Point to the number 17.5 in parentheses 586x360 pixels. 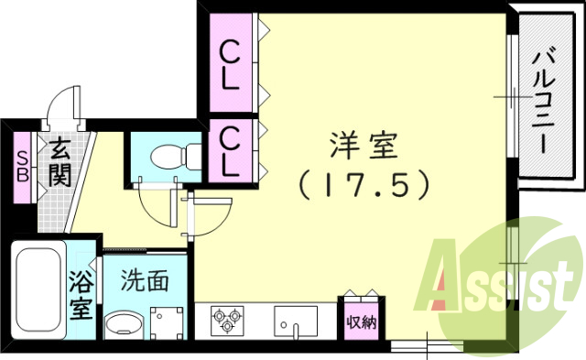click(x=364, y=185)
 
